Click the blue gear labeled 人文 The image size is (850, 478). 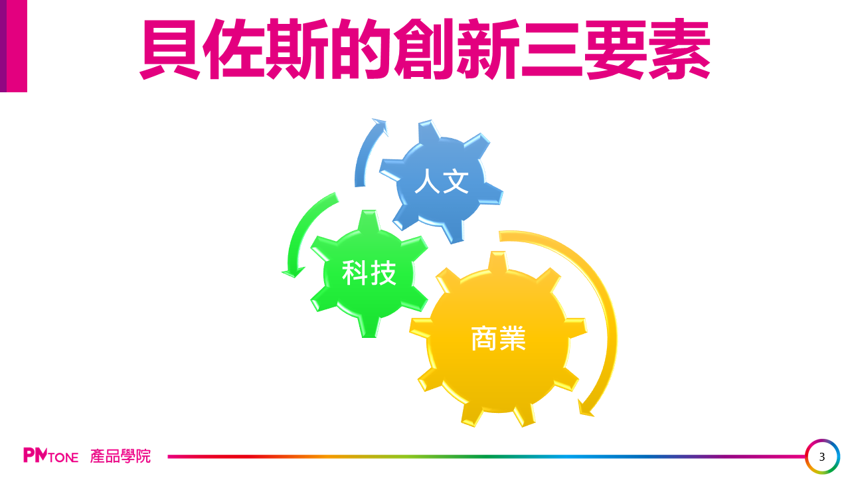tap(441, 181)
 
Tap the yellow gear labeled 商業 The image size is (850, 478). tap(498, 339)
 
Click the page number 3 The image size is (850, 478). tap(822, 457)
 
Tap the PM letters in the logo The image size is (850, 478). tap(36, 455)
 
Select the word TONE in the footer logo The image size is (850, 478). tap(64, 457)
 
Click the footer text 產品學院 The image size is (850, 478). tap(120, 456)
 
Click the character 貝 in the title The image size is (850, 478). tap(170, 49)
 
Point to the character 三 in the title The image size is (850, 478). tap(552, 49)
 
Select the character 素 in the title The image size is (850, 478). tap(679, 49)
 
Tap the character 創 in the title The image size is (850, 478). tap(424, 49)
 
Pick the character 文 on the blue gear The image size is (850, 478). tap(456, 181)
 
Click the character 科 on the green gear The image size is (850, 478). tap(355, 273)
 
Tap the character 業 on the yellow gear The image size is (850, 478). tap(513, 338)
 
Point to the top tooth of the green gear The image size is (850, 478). tap(369, 220)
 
